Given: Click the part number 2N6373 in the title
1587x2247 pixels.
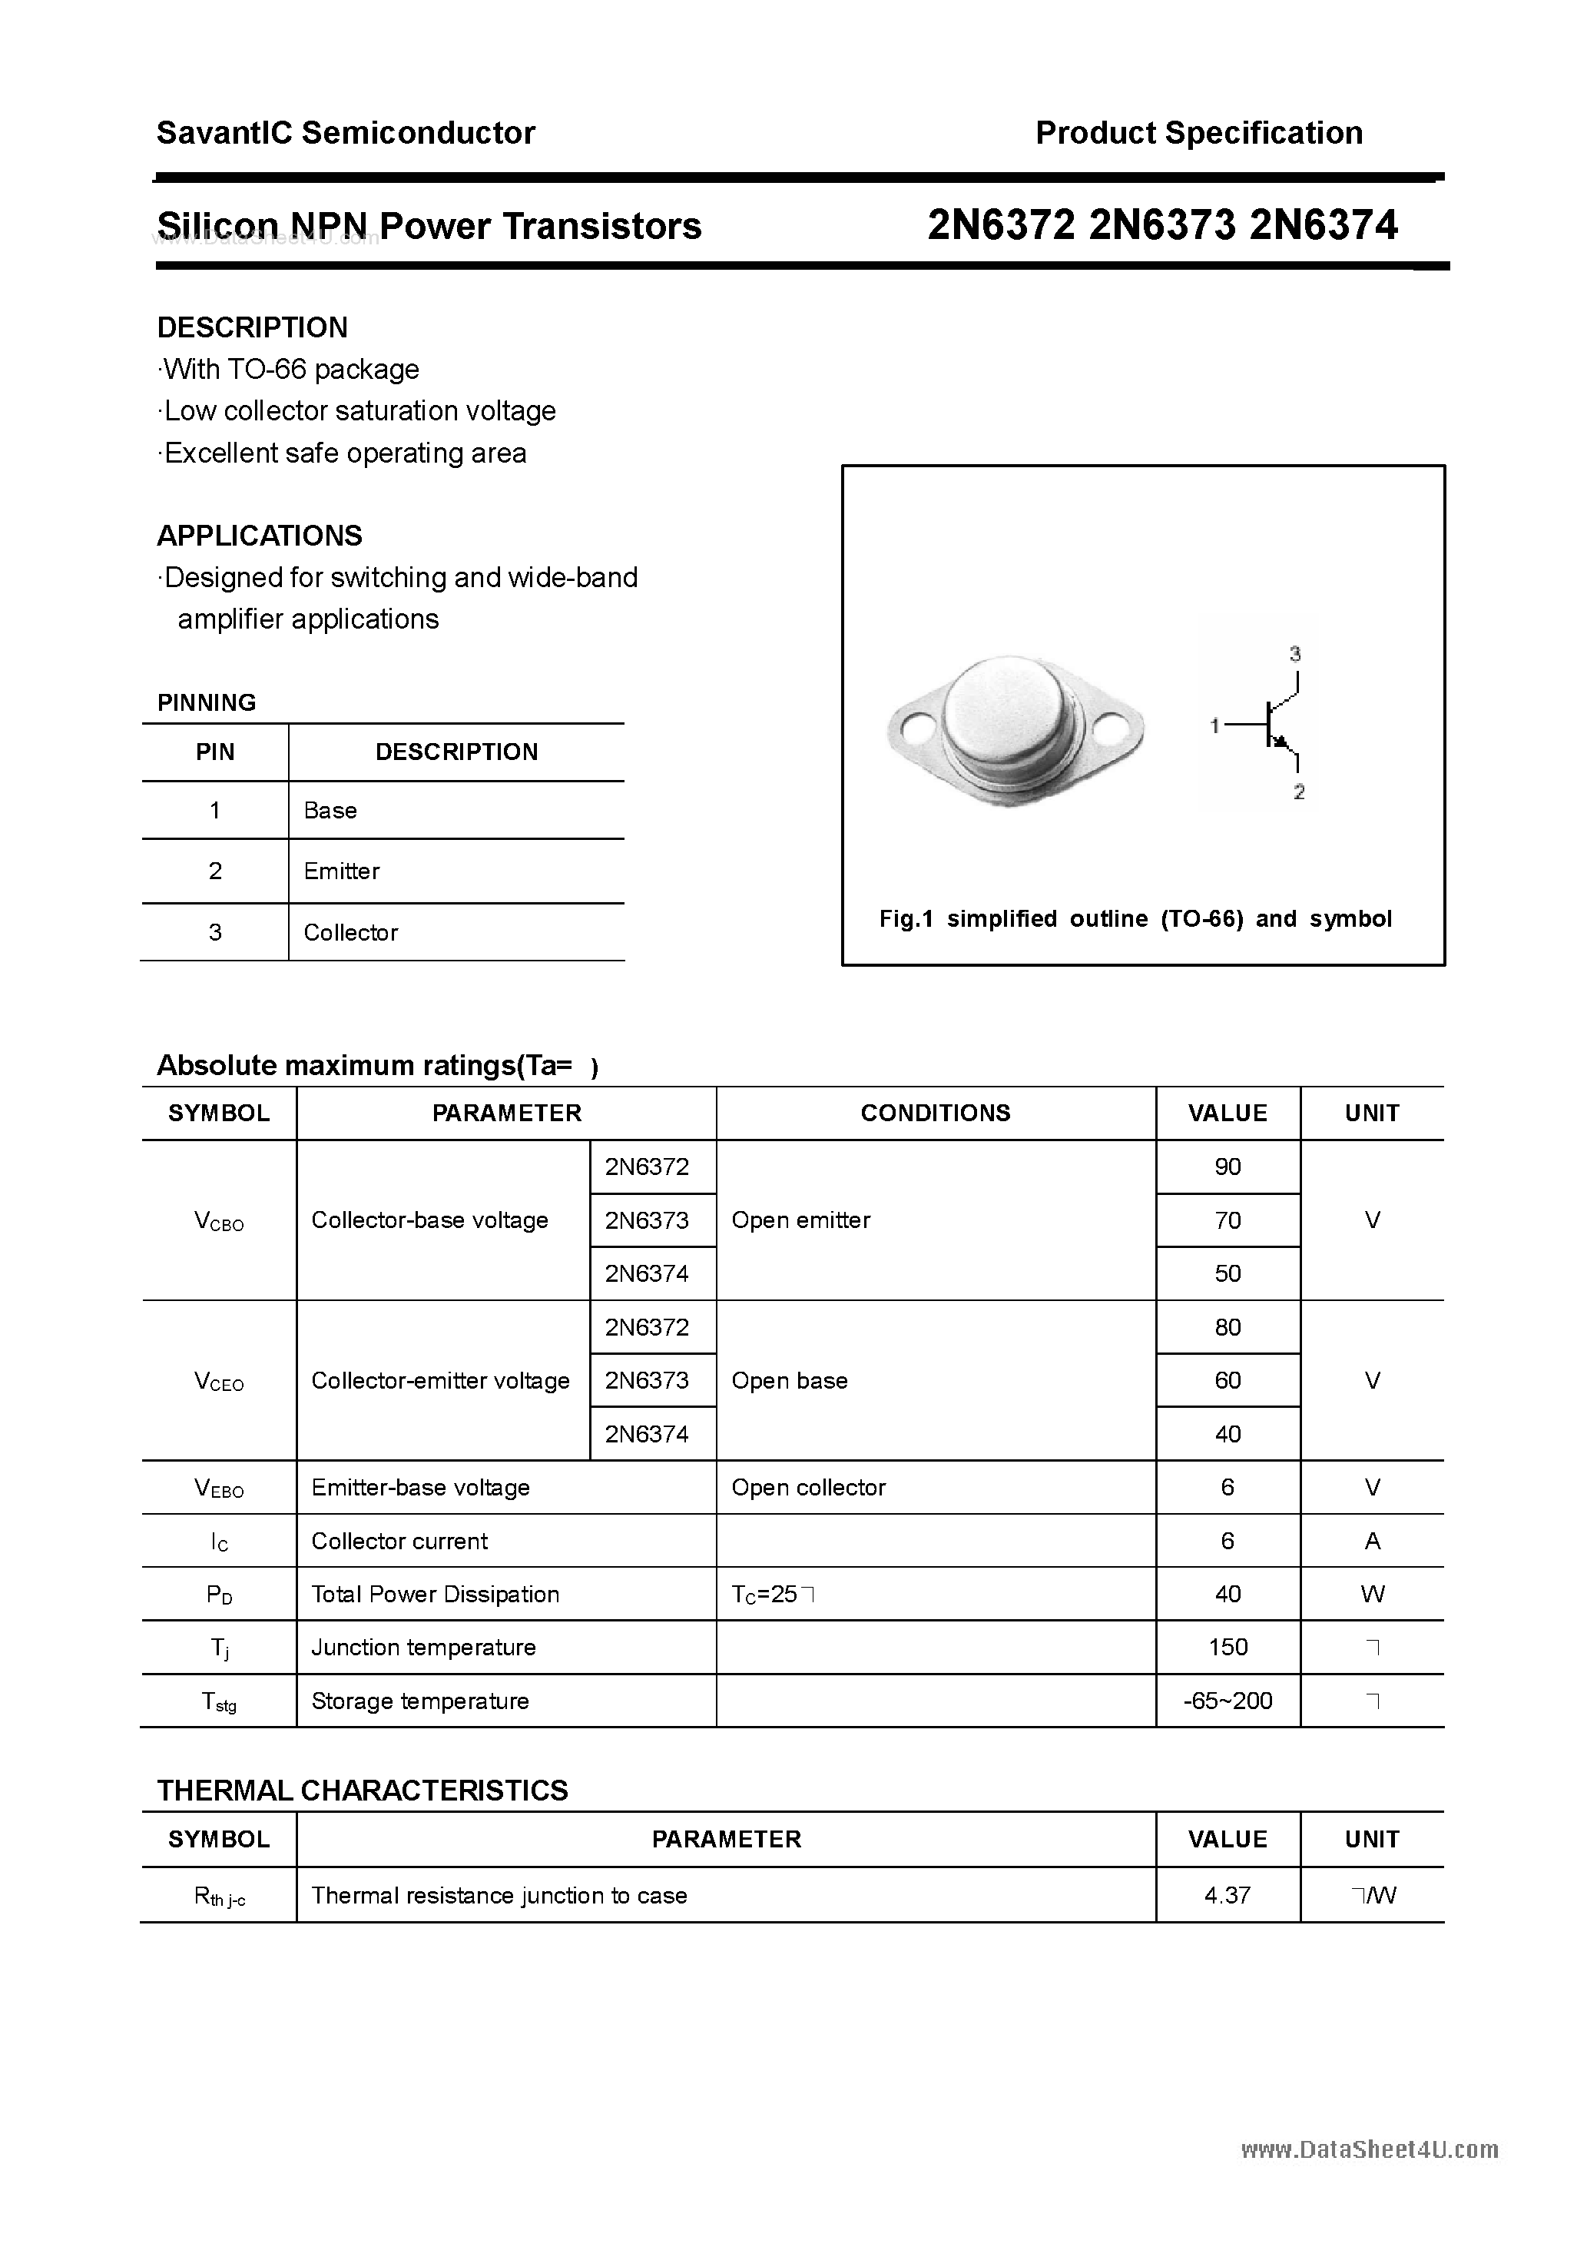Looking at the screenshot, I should click(x=1162, y=226).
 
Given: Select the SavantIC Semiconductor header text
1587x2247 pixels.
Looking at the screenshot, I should click(x=346, y=133).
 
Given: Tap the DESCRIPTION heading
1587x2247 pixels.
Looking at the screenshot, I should click(x=253, y=327).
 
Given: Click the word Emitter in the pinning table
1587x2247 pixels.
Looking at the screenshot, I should click(x=342, y=871).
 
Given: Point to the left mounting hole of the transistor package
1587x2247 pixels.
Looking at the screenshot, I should click(x=919, y=728).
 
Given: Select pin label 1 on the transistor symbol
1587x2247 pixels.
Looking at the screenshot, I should click(x=1214, y=725).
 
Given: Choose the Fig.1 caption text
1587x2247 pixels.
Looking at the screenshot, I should click(x=1135, y=918).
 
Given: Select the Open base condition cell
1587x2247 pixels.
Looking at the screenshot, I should click(x=790, y=1380).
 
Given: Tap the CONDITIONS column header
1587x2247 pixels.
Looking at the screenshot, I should click(x=936, y=1113).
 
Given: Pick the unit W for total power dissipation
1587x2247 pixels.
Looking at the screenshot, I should click(x=1372, y=1595).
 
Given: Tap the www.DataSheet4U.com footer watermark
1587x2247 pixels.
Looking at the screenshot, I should click(x=1369, y=2149).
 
